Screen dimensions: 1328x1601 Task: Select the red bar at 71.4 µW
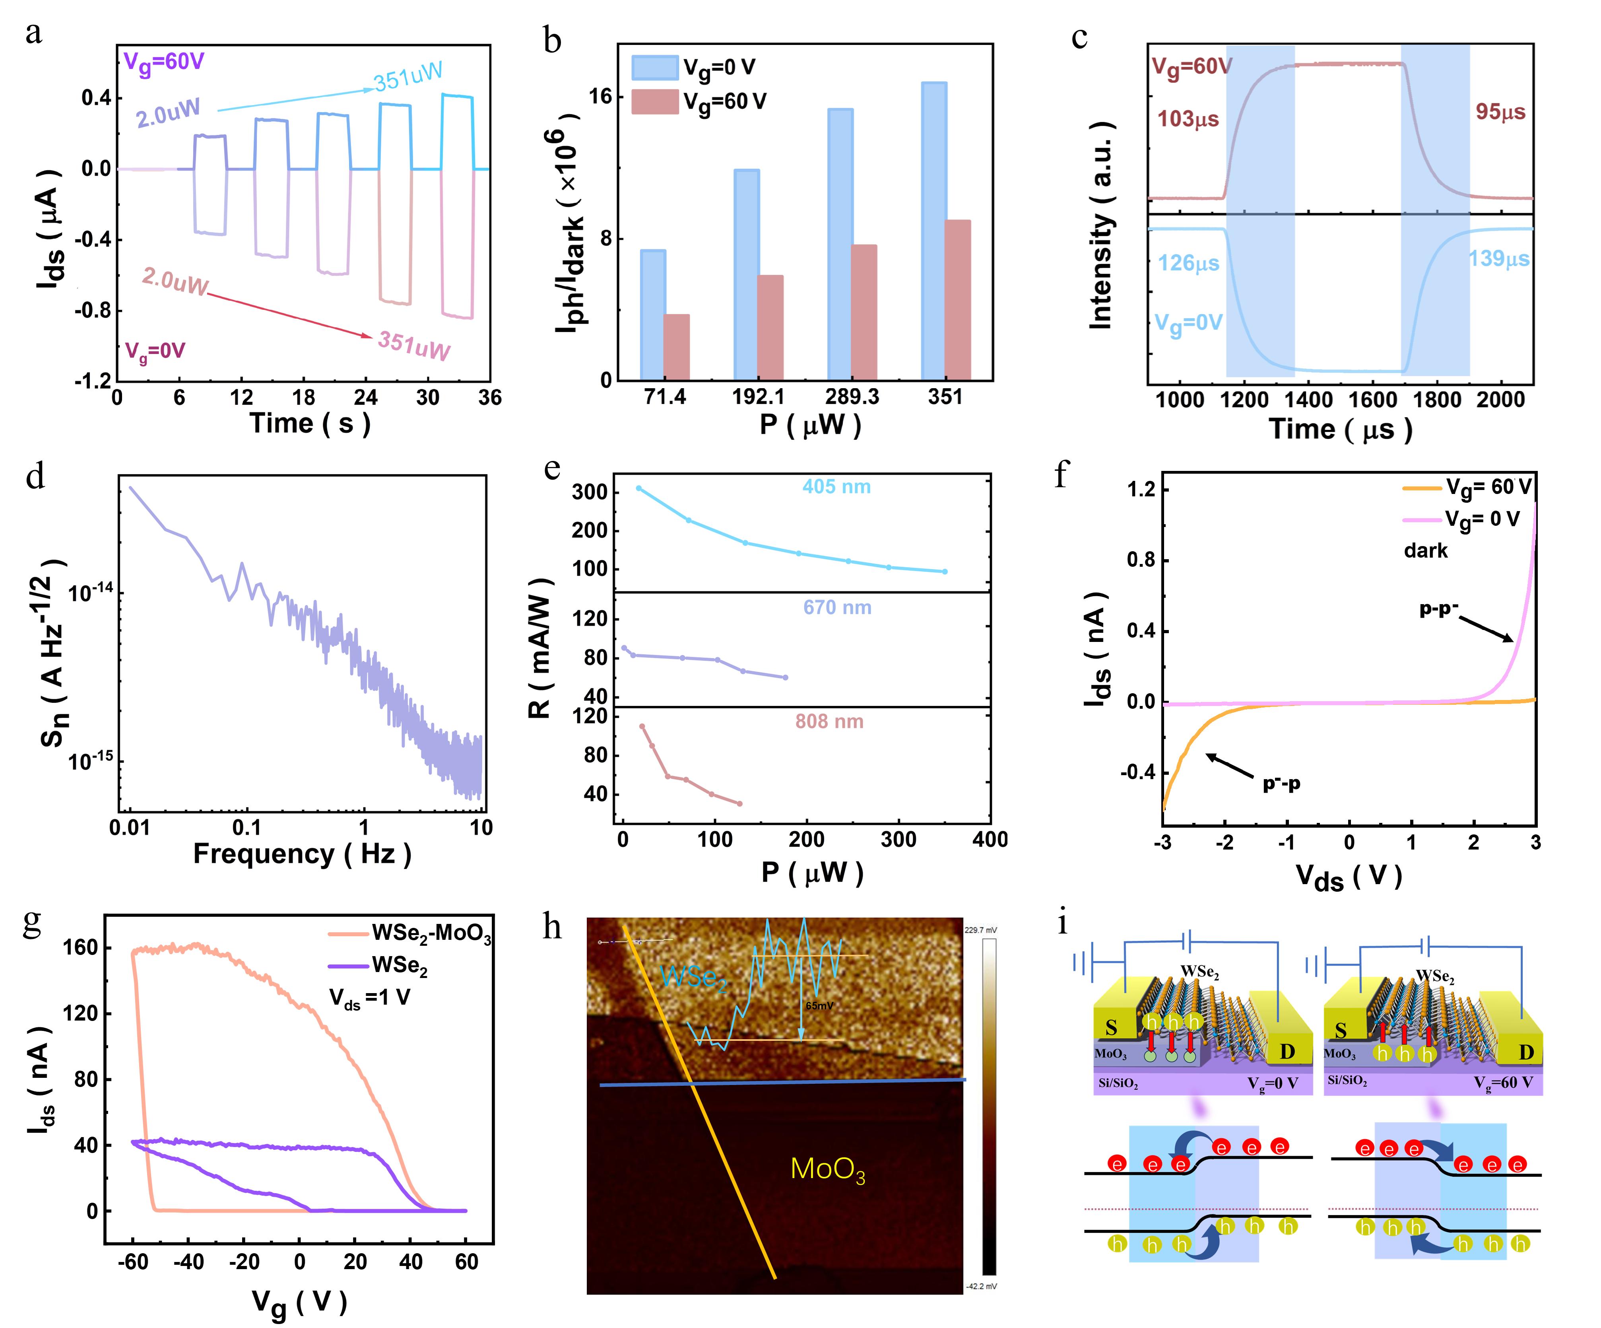(676, 347)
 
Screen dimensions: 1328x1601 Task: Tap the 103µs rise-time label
(1188, 119)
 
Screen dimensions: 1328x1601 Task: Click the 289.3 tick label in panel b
(852, 397)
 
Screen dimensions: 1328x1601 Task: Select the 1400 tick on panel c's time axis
(1308, 400)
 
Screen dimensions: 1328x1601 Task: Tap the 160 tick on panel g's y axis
(81, 947)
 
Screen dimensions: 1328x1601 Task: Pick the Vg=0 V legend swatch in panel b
(654, 67)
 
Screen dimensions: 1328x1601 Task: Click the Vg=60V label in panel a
(164, 61)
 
